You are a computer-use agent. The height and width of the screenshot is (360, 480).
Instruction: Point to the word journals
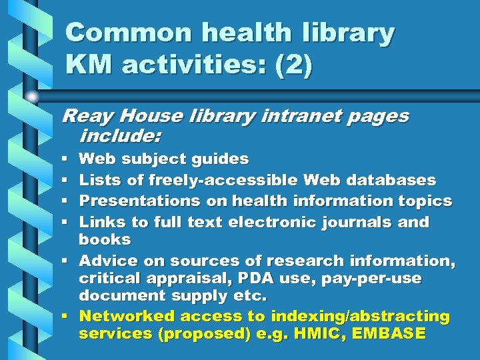coord(360,221)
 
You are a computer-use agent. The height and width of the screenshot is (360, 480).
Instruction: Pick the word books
coord(105,239)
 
